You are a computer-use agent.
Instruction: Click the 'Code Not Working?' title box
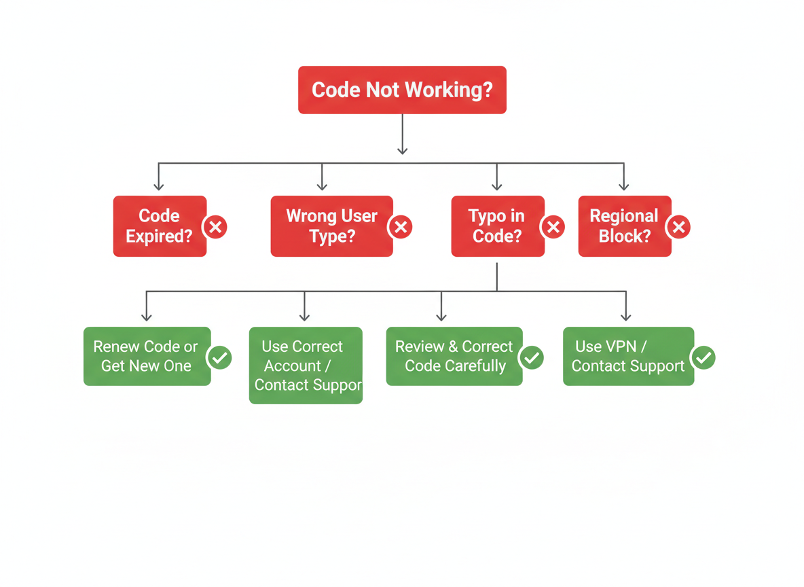[402, 90]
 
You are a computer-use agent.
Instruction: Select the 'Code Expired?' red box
[160, 226]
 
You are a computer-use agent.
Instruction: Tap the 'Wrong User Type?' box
[331, 226]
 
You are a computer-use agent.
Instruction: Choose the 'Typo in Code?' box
[497, 226]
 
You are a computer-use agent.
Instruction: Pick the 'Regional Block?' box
[624, 226]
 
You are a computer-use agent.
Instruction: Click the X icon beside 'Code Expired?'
[215, 227]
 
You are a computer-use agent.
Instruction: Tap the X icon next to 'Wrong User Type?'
[401, 227]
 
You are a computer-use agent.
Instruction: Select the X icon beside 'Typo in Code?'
[553, 227]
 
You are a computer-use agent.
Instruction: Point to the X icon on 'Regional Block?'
[678, 227]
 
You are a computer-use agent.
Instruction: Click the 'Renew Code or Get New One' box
[147, 357]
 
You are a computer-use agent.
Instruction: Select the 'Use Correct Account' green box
[306, 366]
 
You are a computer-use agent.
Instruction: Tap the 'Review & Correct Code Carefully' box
[454, 357]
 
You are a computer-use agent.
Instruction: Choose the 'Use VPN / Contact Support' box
[628, 357]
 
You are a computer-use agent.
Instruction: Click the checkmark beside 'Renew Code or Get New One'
[219, 357]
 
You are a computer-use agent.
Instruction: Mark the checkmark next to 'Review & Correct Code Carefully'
[532, 357]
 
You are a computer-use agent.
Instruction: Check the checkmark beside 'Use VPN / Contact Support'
[703, 357]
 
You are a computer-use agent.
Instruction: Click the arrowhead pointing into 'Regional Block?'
[624, 186]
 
